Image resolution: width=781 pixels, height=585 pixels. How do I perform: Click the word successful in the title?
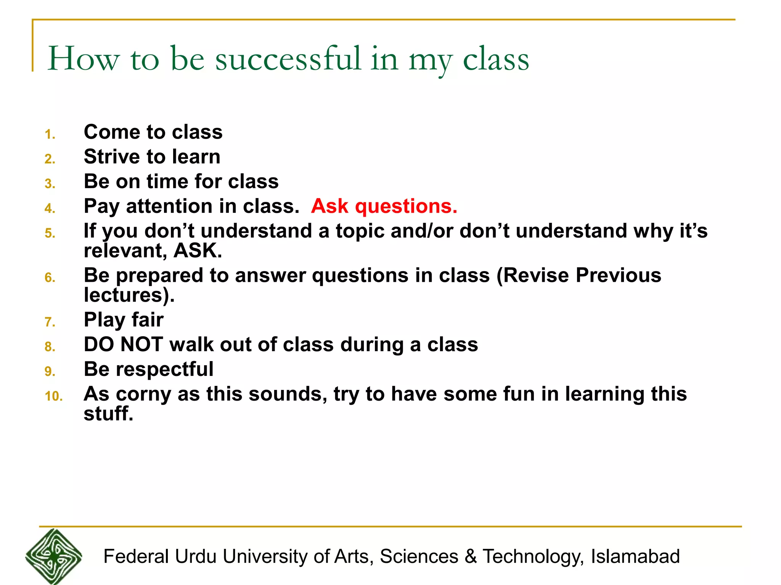pyautogui.click(x=288, y=59)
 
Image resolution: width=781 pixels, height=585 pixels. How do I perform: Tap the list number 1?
pyautogui.click(x=50, y=134)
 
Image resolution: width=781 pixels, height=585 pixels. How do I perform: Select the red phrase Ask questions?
pyautogui.click(x=384, y=206)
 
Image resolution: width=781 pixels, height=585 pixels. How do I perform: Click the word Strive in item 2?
pyautogui.click(x=112, y=157)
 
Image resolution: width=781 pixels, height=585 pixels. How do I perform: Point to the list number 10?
pyautogui.click(x=53, y=396)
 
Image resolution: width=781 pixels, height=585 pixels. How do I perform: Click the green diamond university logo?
pyautogui.click(x=54, y=556)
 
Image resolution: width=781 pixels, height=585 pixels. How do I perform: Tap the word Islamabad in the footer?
pyautogui.click(x=635, y=556)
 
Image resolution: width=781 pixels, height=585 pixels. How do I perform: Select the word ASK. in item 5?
pyautogui.click(x=198, y=251)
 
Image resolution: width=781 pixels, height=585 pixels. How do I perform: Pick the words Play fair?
pyautogui.click(x=124, y=320)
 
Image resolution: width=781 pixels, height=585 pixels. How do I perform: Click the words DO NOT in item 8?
pyautogui.click(x=123, y=345)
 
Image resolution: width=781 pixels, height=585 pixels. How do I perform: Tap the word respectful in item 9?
pyautogui.click(x=164, y=369)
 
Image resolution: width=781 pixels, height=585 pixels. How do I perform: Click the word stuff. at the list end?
pyautogui.click(x=109, y=414)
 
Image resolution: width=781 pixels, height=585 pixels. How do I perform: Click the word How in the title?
pyautogui.click(x=84, y=59)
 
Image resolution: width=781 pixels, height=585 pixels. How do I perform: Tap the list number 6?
pyautogui.click(x=50, y=278)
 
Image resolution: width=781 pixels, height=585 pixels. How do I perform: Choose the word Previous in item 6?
pyautogui.click(x=618, y=275)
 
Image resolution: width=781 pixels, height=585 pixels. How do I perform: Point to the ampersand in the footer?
pyautogui.click(x=471, y=556)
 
